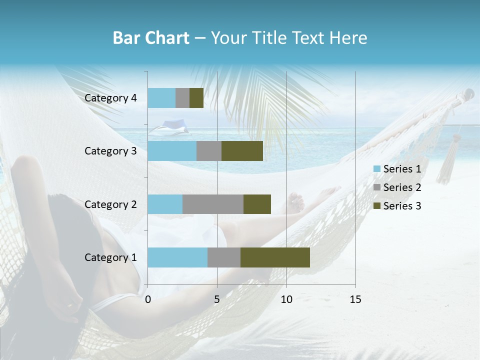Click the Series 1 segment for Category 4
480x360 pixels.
tap(161, 98)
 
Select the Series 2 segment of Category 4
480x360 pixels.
tap(182, 98)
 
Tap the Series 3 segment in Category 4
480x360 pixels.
tap(196, 98)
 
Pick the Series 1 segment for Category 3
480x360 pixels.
tap(172, 151)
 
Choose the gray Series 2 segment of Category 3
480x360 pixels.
tap(209, 151)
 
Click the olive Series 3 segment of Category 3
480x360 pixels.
tap(242, 151)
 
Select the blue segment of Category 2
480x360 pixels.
tap(165, 204)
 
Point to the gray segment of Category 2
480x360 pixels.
tap(213, 204)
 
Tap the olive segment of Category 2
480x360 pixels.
tap(257, 204)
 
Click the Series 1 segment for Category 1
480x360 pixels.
tap(177, 257)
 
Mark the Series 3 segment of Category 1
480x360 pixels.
tap(275, 257)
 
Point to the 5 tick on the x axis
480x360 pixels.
tap(217, 299)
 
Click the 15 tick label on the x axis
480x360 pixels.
tap(355, 299)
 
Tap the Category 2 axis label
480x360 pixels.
tap(110, 204)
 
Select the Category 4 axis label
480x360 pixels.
tap(110, 98)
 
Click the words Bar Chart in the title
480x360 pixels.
tap(151, 38)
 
